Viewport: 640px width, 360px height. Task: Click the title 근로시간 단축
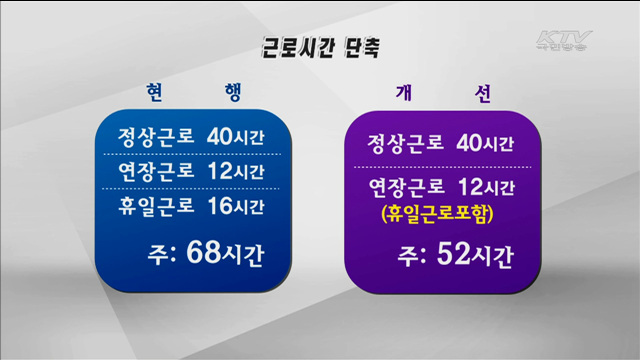point(320,46)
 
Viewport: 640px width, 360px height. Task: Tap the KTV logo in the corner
point(564,41)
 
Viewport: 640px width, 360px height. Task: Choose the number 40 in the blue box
point(221,135)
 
